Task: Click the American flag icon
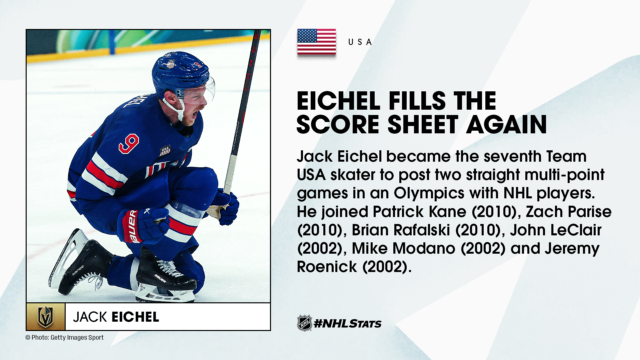point(316,42)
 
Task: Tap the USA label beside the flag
point(360,42)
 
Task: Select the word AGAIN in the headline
point(506,125)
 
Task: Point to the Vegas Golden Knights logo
point(46,317)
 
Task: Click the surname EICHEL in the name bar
point(135,317)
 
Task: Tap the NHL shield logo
point(304,323)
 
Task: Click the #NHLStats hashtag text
point(348,323)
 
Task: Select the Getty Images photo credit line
point(65,337)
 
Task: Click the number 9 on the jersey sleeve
point(129,143)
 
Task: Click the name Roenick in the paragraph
point(327,267)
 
